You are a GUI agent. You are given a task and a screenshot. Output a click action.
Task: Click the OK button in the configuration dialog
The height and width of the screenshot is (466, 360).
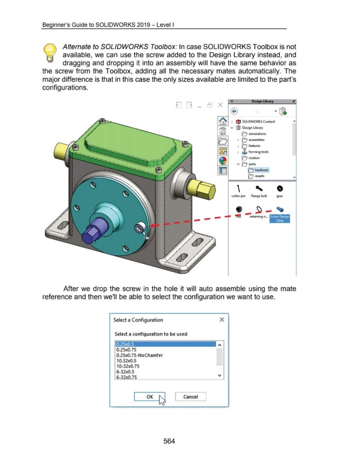(149, 397)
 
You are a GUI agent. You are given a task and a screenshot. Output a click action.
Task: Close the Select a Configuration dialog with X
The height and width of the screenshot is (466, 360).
(222, 320)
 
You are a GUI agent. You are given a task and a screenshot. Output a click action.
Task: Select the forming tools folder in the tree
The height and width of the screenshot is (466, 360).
(265, 152)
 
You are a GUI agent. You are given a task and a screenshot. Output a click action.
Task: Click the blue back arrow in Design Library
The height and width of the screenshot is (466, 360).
(234, 111)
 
